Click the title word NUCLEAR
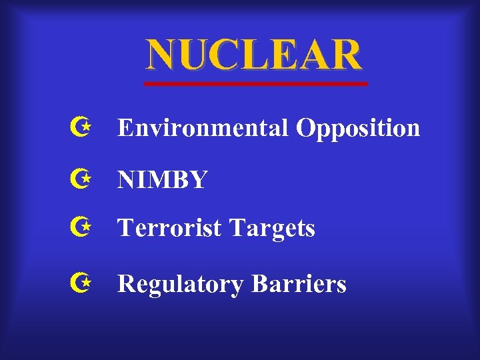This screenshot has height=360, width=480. pos(254,55)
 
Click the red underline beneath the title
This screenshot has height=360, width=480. pos(257,84)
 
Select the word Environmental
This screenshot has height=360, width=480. pos(203,127)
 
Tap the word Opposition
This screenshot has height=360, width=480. pos(358,129)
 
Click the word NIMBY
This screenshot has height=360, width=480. pos(162,179)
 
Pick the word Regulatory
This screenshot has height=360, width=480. pos(181,285)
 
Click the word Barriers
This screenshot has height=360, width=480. pos(299,284)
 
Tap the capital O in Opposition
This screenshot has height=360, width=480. pos(306,127)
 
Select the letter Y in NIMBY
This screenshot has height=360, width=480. pos(198,179)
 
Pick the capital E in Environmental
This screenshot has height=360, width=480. pos(125,127)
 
